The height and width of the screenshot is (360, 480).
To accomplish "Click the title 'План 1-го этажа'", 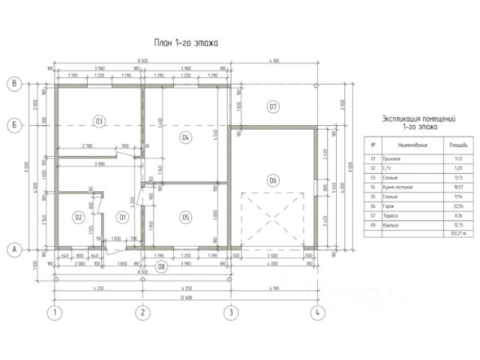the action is tap(185, 43).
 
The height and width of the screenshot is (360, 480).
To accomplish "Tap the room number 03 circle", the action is tap(98, 120).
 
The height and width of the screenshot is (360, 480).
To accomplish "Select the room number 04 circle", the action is tap(187, 137).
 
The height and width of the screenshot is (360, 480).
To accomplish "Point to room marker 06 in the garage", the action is tap(273, 180).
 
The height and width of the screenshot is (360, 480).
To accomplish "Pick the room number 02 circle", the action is tap(77, 217).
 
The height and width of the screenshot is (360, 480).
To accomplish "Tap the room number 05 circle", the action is tap(187, 217).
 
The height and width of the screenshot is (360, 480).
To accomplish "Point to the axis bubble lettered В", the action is tap(13, 84).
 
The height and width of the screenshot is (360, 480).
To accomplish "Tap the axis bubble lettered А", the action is tap(13, 250).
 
